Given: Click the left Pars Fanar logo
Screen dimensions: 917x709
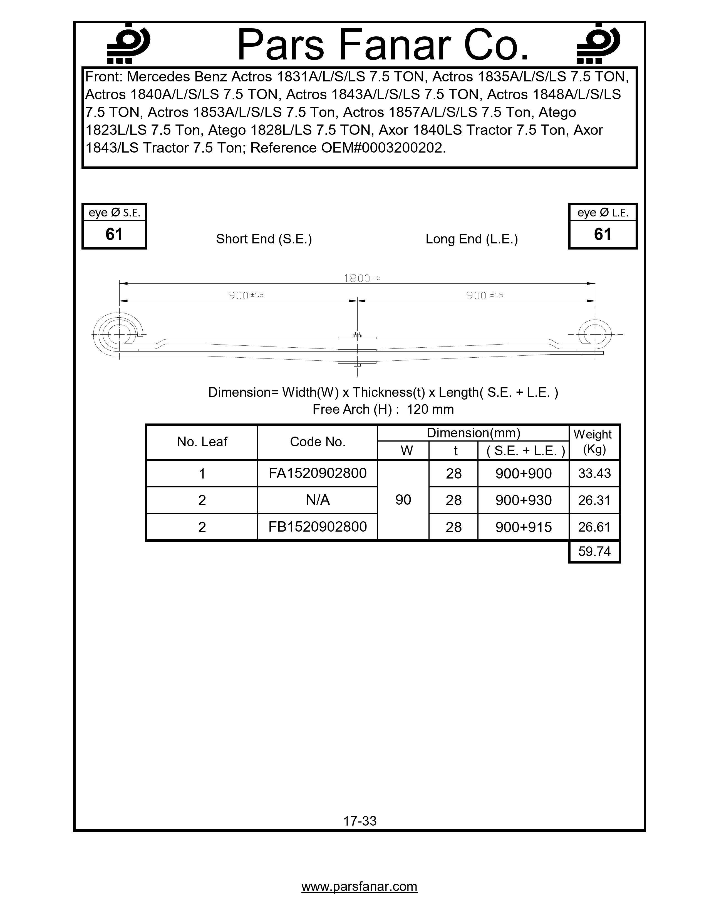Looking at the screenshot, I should [x=128, y=43].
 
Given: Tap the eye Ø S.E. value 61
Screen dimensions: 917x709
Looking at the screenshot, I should [x=114, y=234].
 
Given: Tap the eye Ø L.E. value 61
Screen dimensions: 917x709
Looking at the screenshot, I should [x=602, y=234].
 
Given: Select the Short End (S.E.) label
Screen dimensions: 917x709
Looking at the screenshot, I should [x=264, y=239].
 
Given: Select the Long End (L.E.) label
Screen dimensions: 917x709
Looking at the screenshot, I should [x=471, y=239].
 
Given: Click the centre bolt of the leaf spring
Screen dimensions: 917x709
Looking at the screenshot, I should [x=357, y=335].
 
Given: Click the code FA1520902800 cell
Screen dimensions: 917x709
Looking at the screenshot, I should [x=318, y=473].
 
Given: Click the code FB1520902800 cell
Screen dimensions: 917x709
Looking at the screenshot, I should [x=318, y=527].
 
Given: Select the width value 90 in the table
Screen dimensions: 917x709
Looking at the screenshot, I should [x=403, y=500].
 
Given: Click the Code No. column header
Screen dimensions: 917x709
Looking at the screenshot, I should [x=318, y=442].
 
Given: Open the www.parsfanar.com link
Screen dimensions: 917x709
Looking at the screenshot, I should [x=360, y=886].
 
